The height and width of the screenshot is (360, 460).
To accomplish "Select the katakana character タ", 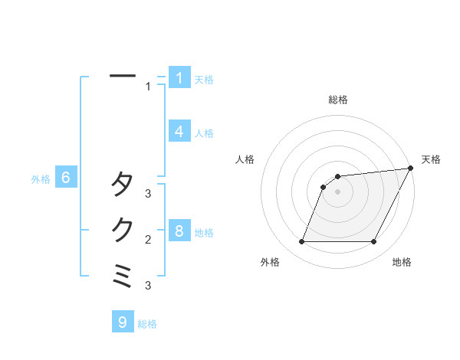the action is (x=123, y=185).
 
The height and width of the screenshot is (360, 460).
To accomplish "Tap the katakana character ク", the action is (x=123, y=230).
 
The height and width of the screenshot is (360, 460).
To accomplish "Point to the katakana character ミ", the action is (x=123, y=276).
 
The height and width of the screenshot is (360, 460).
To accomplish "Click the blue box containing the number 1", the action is (x=179, y=77).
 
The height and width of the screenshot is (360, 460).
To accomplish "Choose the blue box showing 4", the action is (x=179, y=132).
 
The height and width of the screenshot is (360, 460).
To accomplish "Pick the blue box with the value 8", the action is (x=179, y=231).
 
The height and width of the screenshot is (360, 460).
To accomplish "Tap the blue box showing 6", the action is (x=66, y=178).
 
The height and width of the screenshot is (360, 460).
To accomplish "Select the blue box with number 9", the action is (x=123, y=322).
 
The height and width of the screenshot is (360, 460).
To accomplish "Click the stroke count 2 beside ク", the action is (x=149, y=240).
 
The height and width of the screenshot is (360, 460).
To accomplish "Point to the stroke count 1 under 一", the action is (x=149, y=87).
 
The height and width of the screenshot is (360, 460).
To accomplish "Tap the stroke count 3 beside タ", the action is (x=149, y=194).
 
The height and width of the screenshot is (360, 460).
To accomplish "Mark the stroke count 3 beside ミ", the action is (x=149, y=286).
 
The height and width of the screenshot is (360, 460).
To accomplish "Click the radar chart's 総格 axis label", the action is (x=337, y=100).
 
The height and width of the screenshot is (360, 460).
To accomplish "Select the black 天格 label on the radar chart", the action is (x=431, y=159).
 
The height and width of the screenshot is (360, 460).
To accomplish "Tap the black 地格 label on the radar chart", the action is (x=402, y=262).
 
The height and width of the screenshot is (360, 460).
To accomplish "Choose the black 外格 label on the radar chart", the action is (x=270, y=262).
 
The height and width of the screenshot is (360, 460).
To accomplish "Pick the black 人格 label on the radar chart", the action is (x=245, y=159).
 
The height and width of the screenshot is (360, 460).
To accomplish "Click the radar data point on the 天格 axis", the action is (x=410, y=169).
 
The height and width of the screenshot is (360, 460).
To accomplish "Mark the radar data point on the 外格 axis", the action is (x=302, y=242).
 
